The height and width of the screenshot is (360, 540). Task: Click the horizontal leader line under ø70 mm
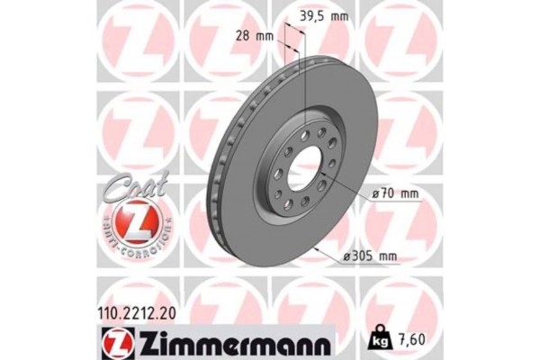[x=387, y=203]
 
